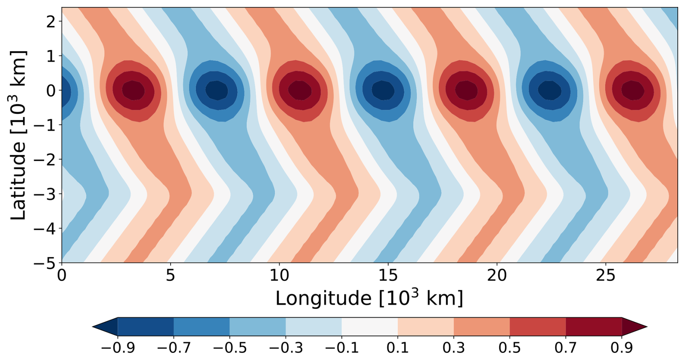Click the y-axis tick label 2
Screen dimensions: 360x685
[x=51, y=22]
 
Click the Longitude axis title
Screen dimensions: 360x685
[x=369, y=298]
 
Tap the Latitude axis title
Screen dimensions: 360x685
[x=18, y=135]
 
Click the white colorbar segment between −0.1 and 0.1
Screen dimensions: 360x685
[x=370, y=327]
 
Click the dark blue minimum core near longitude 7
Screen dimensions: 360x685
[x=217, y=90]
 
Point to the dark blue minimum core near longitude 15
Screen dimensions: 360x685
[x=383, y=90]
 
